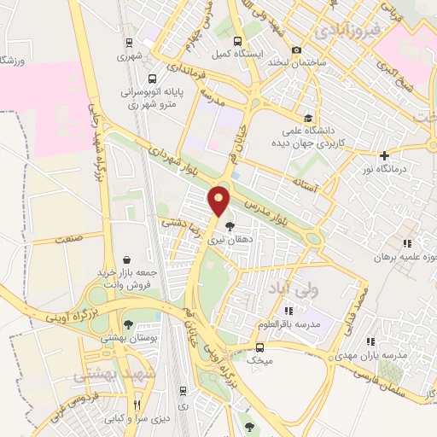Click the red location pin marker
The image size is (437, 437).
(219, 201)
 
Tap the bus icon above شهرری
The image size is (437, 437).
(128, 43)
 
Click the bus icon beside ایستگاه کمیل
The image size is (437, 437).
(236, 41)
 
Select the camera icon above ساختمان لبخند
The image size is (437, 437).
(296, 49)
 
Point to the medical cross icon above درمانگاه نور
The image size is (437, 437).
(385, 155)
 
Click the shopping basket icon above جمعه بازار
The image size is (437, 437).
(127, 259)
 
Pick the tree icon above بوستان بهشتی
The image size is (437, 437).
(127, 324)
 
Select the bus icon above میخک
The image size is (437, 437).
(260, 347)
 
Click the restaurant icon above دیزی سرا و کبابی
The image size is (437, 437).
(137, 405)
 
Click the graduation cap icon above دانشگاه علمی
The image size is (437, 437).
(307, 118)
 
